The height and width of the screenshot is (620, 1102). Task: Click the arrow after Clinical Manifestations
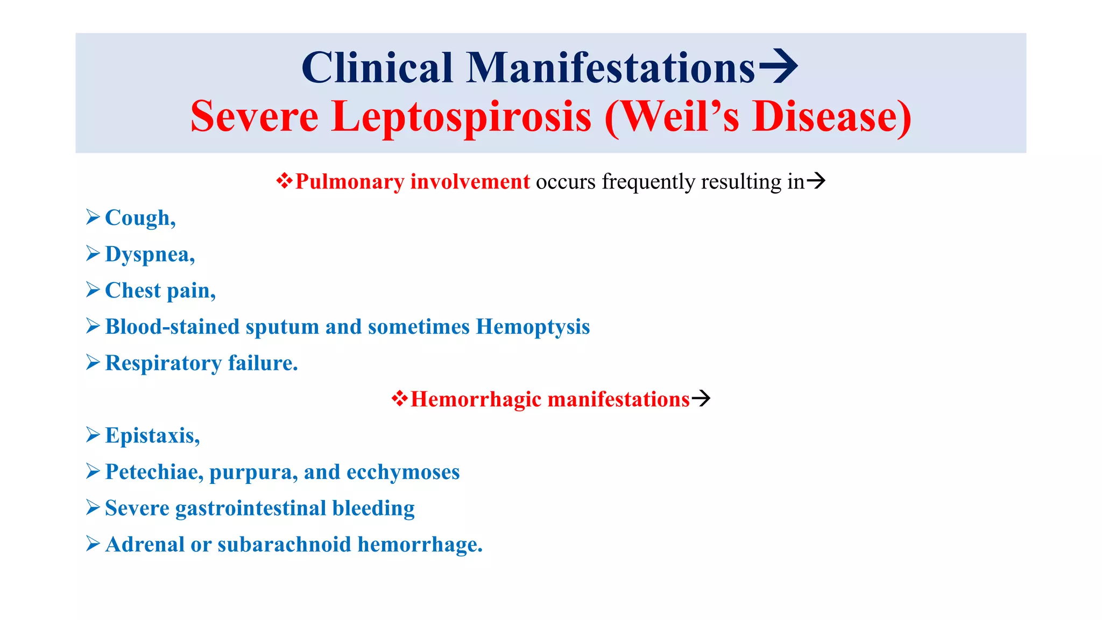coord(778,66)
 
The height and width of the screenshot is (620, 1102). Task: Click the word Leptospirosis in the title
coord(461,117)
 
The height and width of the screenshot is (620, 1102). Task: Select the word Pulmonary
coord(349,182)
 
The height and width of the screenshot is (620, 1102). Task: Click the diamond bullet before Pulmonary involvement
coord(284,181)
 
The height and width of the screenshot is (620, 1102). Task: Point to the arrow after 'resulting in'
coord(816,181)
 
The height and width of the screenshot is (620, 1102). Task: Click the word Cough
coord(138,218)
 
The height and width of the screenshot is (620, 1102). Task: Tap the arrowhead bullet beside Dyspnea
coord(93,253)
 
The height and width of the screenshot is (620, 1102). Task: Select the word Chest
coord(133,291)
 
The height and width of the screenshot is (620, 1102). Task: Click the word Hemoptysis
coord(533,327)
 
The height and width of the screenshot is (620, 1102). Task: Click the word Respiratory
coord(163,363)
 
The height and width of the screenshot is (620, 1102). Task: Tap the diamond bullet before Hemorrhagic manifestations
coord(399,399)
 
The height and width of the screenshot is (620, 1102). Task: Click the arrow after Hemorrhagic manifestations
coord(701,399)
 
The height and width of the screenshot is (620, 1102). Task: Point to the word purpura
coord(253,473)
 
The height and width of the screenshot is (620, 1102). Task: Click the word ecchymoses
coord(403,472)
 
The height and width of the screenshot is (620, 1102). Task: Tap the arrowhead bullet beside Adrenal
coord(93,544)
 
